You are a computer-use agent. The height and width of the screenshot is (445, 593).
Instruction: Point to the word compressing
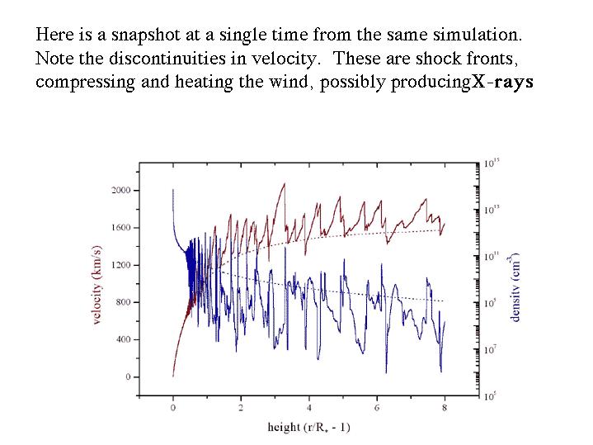pos(78,83)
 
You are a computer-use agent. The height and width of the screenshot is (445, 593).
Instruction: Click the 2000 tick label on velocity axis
pos(120,190)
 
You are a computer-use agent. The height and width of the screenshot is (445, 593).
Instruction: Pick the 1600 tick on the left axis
pos(120,227)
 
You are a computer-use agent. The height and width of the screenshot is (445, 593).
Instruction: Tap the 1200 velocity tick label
pos(120,265)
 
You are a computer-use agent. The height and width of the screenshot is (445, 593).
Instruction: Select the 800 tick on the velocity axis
pos(123,302)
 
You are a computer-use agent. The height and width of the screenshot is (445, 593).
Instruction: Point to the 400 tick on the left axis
pos(123,339)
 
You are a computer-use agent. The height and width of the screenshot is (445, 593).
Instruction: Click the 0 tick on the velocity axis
pos(127,376)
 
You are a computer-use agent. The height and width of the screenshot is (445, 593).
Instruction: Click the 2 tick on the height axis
pos(241,408)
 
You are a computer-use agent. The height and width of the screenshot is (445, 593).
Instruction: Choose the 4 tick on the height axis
pos(309,408)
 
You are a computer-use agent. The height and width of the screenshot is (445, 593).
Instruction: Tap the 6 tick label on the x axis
pos(377,408)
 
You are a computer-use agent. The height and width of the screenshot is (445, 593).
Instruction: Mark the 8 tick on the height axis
pos(445,408)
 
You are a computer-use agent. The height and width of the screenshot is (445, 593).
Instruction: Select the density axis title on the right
pos(515,285)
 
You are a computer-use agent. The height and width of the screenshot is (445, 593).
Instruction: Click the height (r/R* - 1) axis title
pos(309,427)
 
